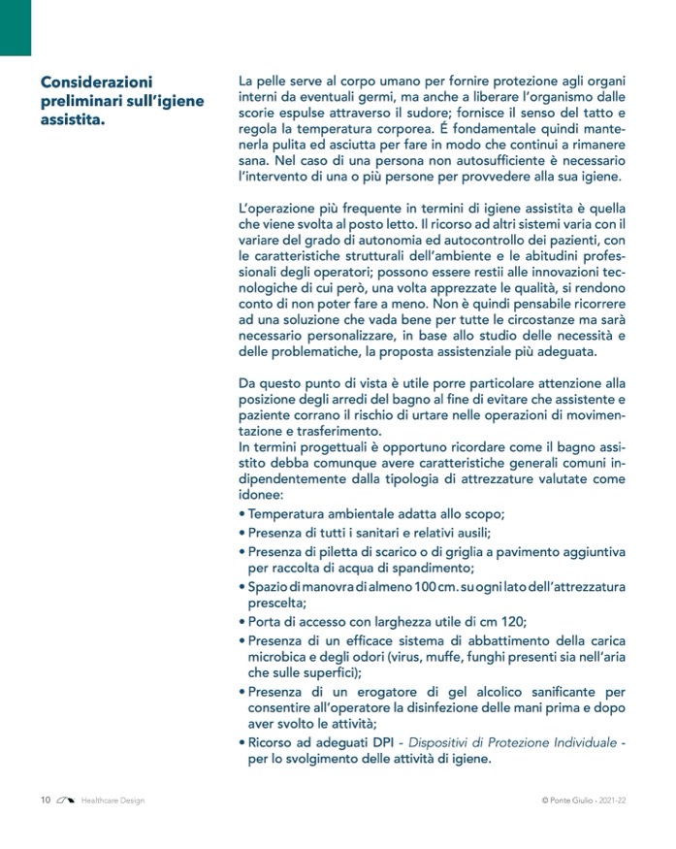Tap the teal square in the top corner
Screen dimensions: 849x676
click(16, 27)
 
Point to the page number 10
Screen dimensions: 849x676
click(46, 800)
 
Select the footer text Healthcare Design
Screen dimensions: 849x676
click(113, 800)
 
